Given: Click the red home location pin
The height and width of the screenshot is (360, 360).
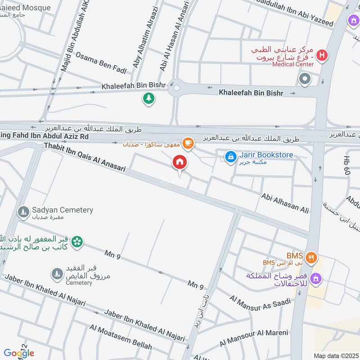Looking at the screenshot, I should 180,162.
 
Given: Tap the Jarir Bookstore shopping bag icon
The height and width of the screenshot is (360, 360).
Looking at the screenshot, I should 230,157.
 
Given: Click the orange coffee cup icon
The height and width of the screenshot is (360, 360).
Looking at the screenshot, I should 188,144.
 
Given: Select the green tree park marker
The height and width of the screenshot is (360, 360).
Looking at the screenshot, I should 148,98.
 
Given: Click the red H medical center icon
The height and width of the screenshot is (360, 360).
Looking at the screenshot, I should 322,56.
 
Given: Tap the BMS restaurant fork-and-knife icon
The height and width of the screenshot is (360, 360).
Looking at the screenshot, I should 311,258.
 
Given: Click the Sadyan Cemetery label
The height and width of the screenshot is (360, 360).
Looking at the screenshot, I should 62,210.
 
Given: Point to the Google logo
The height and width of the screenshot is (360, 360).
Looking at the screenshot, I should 19,353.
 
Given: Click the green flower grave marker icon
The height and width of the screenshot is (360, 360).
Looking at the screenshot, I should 77,242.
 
